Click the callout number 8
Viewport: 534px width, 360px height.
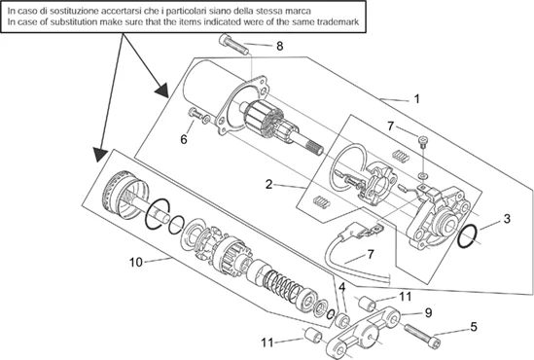coord(279,46)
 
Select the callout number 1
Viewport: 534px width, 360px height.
coord(416,99)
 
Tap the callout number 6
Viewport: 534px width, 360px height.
coord(184,139)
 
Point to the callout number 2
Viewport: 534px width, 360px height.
coord(269,185)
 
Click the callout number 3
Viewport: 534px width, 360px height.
coord(507,219)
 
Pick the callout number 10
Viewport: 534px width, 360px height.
coord(135,263)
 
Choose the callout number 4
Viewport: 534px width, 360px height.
coord(342,287)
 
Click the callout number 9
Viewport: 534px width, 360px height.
coord(428,312)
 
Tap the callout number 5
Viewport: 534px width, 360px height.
coord(474,327)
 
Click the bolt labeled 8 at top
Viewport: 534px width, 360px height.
coord(234,45)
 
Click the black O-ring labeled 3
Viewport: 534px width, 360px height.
coord(468,236)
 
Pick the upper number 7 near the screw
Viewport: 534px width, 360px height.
coord(391,126)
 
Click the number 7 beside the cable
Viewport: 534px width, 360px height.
coord(371,254)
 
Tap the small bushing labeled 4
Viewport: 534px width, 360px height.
coord(342,320)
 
